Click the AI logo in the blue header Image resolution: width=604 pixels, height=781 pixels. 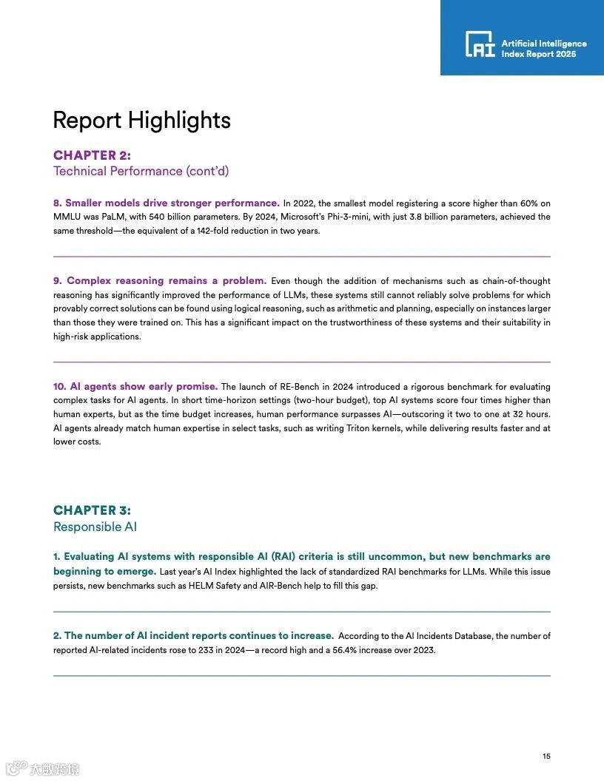480,44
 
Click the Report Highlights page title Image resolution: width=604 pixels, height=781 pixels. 141,121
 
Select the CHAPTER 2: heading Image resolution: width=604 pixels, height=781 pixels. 92,155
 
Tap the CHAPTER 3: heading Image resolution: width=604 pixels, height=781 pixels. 92,510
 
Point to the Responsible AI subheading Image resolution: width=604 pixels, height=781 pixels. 95,527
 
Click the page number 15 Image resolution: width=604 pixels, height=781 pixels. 546,756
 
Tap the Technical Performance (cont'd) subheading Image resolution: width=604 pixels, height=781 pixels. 141,172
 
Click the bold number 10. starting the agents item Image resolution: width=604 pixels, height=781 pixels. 59,387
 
